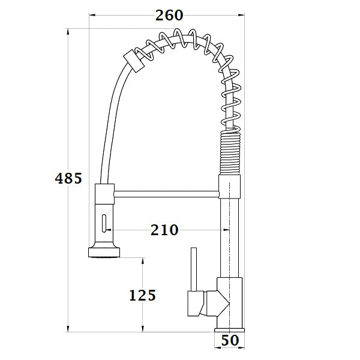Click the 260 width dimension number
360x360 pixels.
[x=169, y=16]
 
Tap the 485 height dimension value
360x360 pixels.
[x=68, y=178]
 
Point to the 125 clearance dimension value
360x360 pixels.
[x=142, y=295]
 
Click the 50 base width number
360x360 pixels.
[x=230, y=340]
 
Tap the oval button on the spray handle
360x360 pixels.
[x=104, y=224]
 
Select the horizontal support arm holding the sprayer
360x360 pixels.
[x=166, y=193]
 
